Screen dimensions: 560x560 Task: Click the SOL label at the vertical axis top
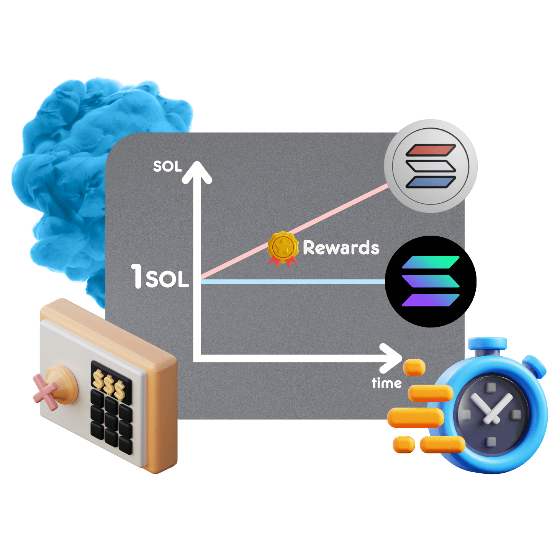(x=167, y=167)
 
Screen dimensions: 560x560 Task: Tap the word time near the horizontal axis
(x=386, y=383)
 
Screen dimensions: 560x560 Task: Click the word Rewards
(x=341, y=248)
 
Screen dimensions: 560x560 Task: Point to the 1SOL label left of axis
(x=160, y=277)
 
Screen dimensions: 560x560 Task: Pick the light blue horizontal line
(x=291, y=282)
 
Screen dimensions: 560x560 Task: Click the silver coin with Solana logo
(x=431, y=166)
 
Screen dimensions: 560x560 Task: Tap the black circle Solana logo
(x=431, y=282)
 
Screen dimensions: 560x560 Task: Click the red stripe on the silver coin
(x=431, y=150)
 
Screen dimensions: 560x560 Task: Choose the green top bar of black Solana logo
(x=431, y=262)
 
